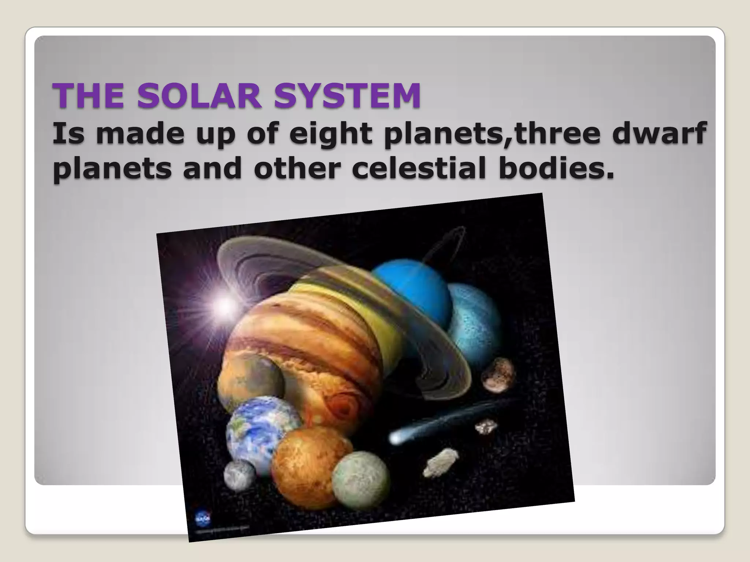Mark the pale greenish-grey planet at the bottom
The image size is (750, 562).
[361, 479]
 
